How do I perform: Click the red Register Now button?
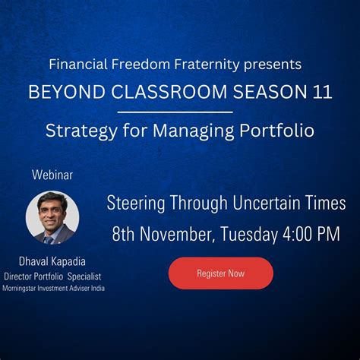pyautogui.click(x=220, y=273)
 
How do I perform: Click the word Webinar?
pyautogui.click(x=52, y=175)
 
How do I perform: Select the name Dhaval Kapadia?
pyautogui.click(x=52, y=262)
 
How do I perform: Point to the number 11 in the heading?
pyautogui.click(x=321, y=92)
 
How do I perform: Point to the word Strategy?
pyautogui.click(x=76, y=131)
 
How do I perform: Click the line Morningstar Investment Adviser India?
pyautogui.click(x=53, y=288)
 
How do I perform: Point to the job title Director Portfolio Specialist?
pyautogui.click(x=53, y=276)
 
